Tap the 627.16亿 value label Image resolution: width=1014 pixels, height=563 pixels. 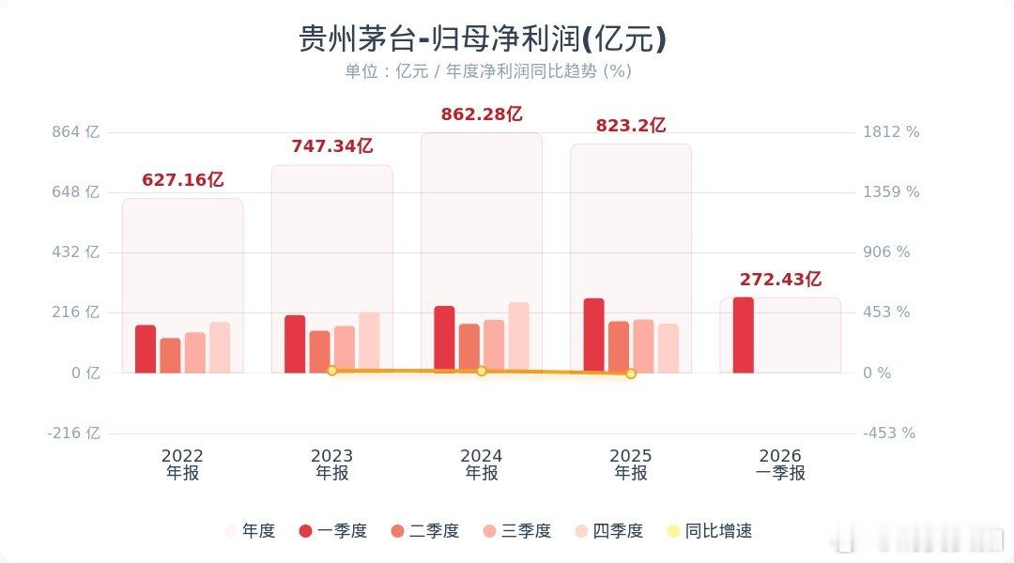pos(183,179)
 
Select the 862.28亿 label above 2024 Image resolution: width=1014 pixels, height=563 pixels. pos(482,114)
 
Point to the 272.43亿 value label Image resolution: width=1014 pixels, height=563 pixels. pos(780,279)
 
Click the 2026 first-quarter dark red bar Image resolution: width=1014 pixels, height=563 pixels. pos(743,335)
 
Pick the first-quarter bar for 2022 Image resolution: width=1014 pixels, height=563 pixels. pos(146,349)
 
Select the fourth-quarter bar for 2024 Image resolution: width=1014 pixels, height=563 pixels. pos(518,338)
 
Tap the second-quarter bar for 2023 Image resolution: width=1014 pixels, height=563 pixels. pos(320,352)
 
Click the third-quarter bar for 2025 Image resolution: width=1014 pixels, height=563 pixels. pos(643,346)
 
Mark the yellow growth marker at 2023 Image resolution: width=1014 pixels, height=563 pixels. pos(331,371)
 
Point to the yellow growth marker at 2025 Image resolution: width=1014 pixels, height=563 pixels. pos(631,373)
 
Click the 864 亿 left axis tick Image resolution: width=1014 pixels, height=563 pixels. pos(78,132)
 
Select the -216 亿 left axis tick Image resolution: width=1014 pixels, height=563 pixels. pos(75,434)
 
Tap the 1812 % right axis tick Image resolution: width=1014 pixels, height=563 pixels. pos(891,132)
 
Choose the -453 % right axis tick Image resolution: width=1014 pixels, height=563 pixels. pos(889,434)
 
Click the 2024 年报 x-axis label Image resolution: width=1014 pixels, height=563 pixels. pos(482,464)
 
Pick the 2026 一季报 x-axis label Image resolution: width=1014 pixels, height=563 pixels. pos(780,464)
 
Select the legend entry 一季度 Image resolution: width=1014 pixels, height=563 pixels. pos(331,531)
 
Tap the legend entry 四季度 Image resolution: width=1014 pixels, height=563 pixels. pos(607,531)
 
